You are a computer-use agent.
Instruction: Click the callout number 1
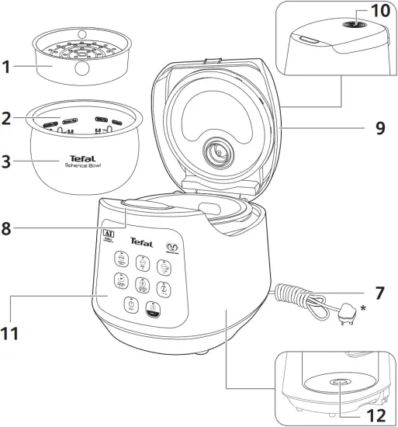click(x=8, y=68)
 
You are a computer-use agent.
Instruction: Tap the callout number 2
click(x=8, y=120)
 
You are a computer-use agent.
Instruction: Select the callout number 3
click(x=8, y=164)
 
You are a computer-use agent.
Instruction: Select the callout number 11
click(x=10, y=333)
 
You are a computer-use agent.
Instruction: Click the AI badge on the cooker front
click(x=109, y=236)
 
